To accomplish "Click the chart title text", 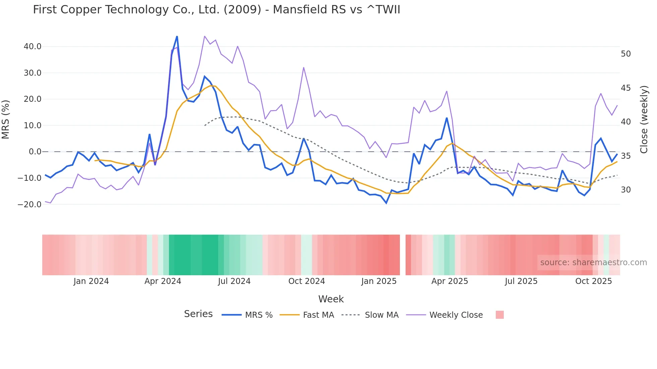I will [x=216, y=10].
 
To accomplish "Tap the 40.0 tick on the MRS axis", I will [x=33, y=47].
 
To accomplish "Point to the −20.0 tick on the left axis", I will [x=29, y=204].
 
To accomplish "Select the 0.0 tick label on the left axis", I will [x=35, y=152].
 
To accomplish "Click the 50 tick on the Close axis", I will [x=625, y=54].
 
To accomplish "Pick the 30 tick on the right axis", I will [x=625, y=190].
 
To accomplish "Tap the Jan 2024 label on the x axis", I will [x=91, y=281].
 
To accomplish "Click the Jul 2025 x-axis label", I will [x=521, y=281].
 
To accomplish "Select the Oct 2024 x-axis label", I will [x=306, y=281].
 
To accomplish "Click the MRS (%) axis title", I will [x=6, y=119].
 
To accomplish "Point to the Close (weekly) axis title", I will [x=644, y=119].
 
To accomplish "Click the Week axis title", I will [x=331, y=299].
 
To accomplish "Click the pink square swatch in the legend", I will [x=499, y=315].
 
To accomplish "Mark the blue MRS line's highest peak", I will [x=177, y=36].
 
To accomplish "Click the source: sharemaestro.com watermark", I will [x=593, y=263].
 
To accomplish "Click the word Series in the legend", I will [x=198, y=314].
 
